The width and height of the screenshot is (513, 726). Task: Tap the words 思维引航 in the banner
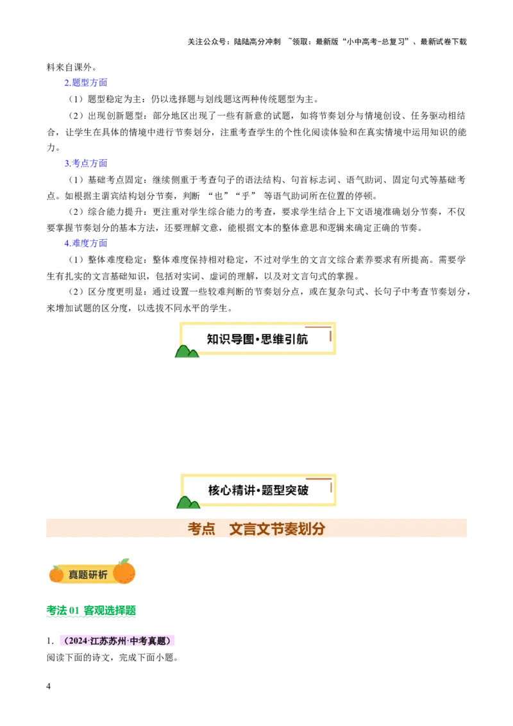[x=285, y=339]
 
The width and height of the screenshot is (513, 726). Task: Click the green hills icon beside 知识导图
[x=187, y=351]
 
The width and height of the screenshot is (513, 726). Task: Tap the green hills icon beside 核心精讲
[x=187, y=502]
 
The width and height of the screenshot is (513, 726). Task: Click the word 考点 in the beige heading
[x=201, y=529]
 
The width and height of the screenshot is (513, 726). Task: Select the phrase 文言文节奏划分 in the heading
[x=277, y=529]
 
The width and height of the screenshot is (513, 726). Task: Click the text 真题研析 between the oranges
[x=88, y=575]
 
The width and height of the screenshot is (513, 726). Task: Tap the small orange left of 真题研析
[x=56, y=574]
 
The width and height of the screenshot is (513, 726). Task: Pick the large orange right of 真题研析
[x=124, y=572]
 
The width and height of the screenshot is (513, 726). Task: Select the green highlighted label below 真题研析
[x=92, y=611]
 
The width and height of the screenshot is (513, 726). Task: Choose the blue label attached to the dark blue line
[x=85, y=163]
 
